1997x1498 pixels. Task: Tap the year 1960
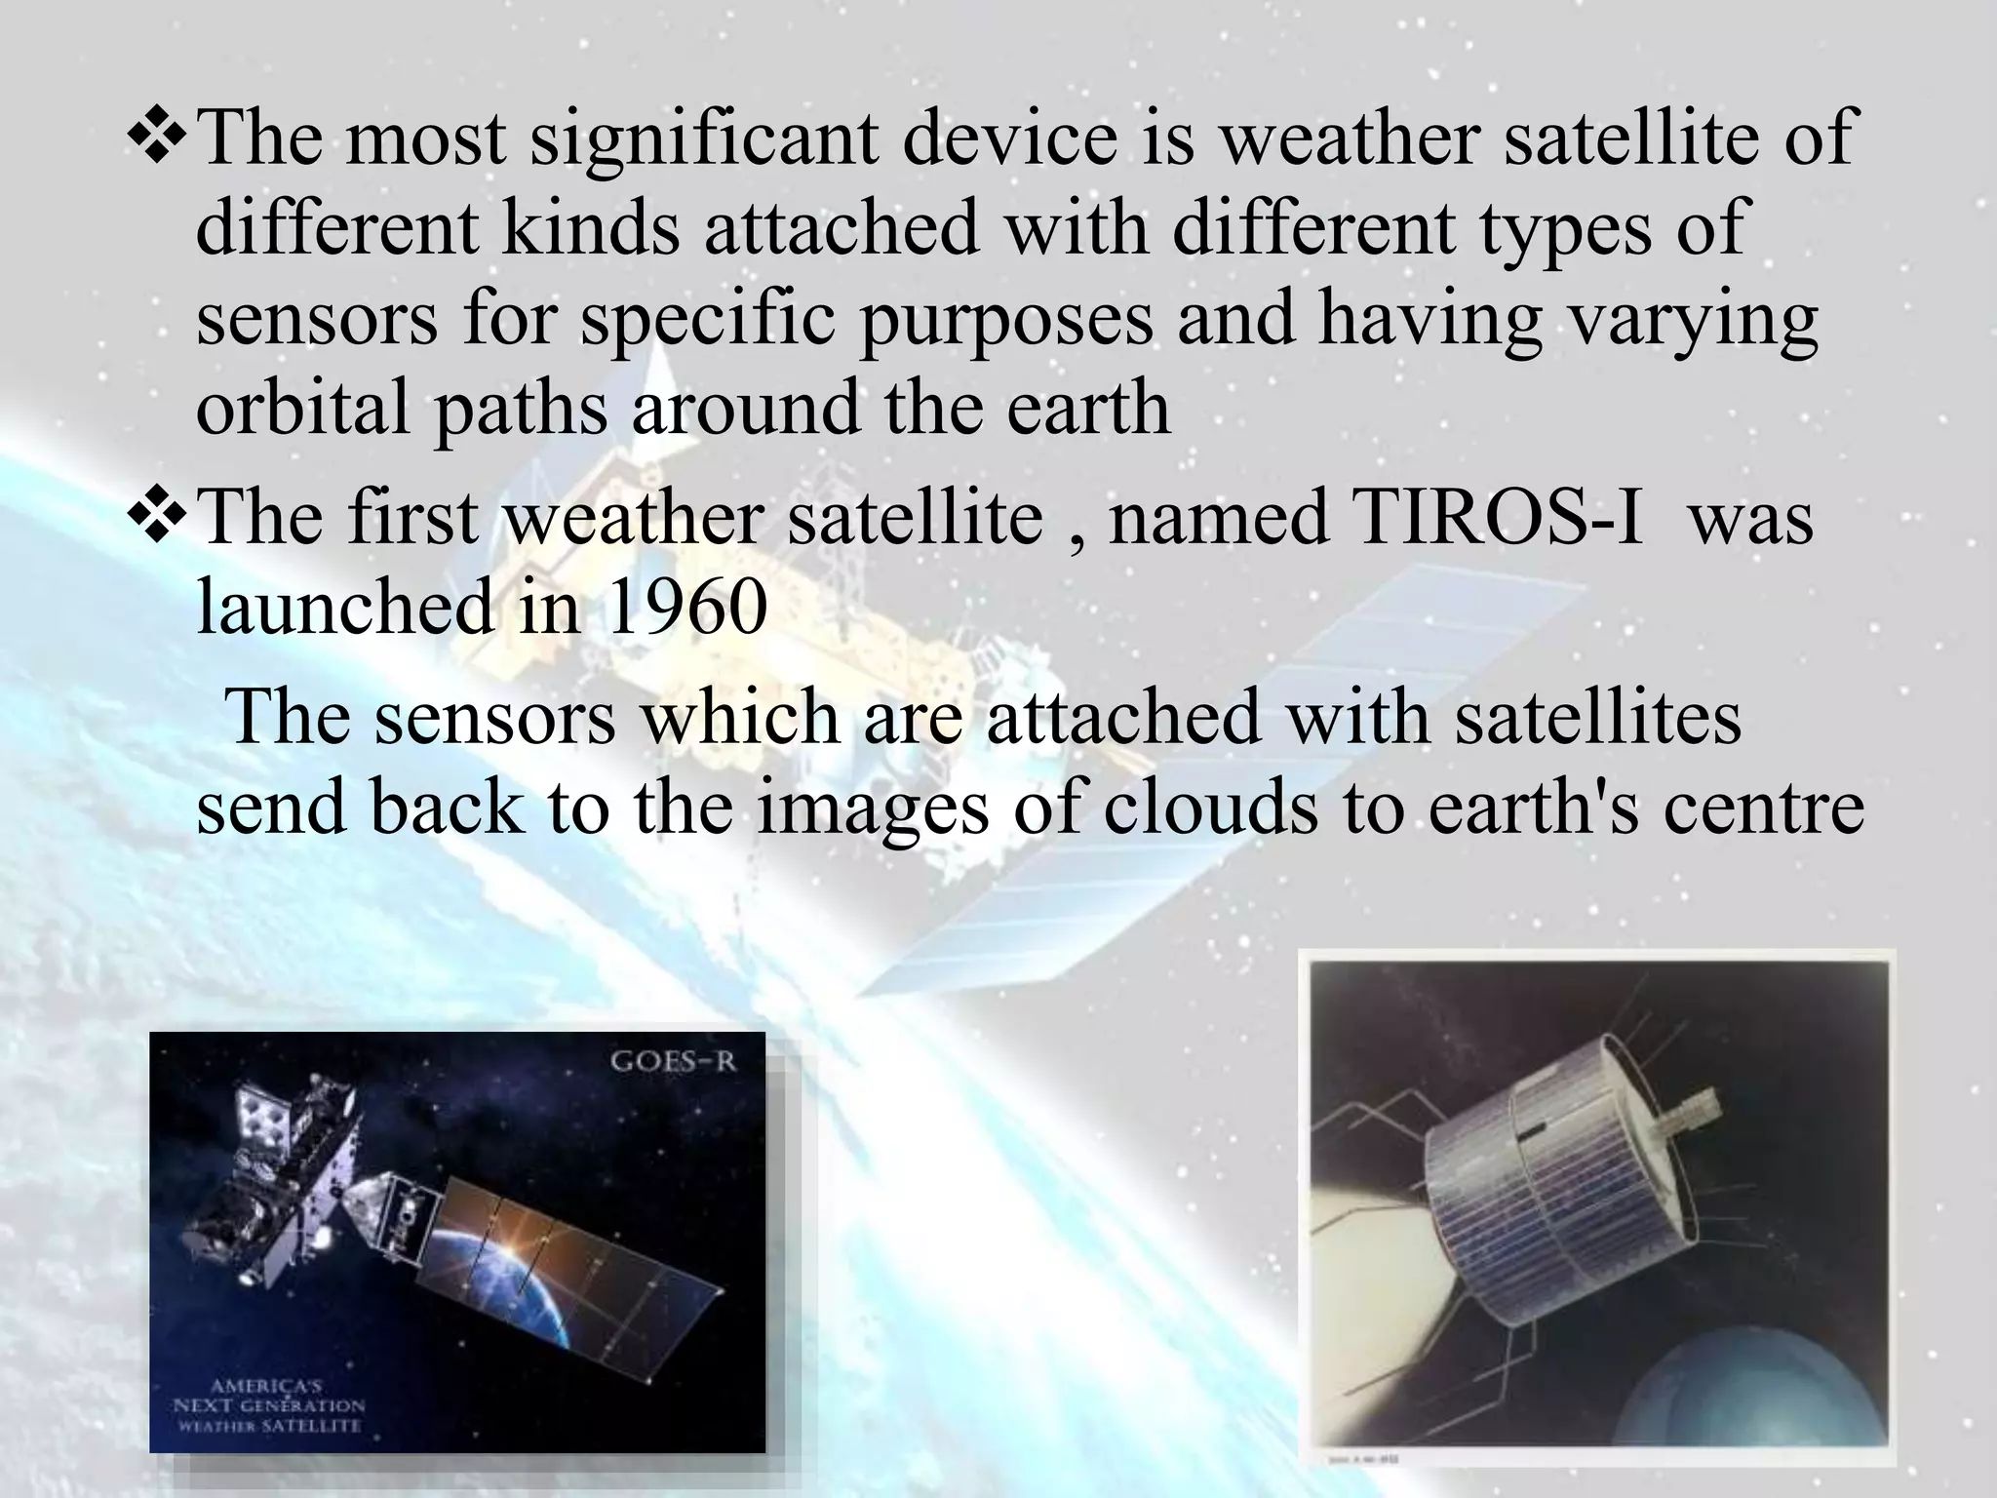tap(686, 608)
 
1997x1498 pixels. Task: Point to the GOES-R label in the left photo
tap(673, 1062)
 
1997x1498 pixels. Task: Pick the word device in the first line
tap(1008, 138)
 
